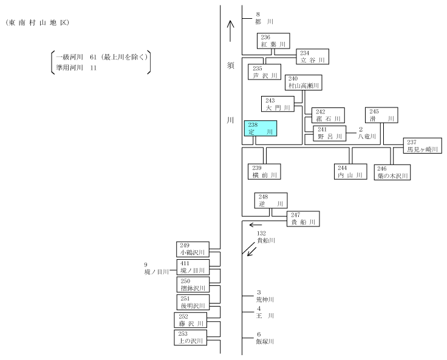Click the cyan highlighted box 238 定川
(x=261, y=128)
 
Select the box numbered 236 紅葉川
(x=273, y=41)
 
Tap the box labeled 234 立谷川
(x=312, y=56)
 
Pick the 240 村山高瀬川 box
(x=303, y=83)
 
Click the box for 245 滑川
(x=382, y=115)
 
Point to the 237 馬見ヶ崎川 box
(x=423, y=146)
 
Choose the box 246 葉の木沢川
(x=392, y=172)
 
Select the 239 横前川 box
(x=264, y=172)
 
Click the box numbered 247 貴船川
(x=303, y=219)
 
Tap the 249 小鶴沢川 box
(x=193, y=250)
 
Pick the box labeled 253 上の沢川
(x=191, y=338)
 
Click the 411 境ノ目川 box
(x=193, y=267)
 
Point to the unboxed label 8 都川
(x=264, y=18)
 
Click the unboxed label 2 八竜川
(x=367, y=133)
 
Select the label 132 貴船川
(x=266, y=237)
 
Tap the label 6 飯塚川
(x=265, y=338)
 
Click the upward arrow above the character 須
(x=230, y=31)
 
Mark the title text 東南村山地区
(x=37, y=23)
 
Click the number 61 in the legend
(x=93, y=57)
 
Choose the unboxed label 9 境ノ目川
(x=157, y=268)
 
